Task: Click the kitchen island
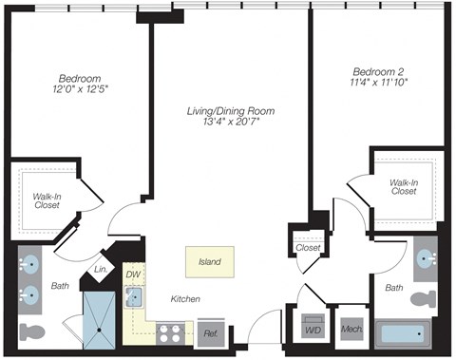[210, 260]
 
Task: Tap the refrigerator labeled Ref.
[210, 332]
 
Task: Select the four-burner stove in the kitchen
[170, 332]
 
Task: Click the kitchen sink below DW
[135, 297]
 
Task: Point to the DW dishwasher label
[133, 275]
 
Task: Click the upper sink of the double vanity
[31, 264]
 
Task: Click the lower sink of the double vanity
[31, 294]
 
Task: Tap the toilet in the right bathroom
[423, 297]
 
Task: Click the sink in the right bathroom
[424, 257]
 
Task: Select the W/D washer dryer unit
[313, 330]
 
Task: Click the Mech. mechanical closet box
[350, 331]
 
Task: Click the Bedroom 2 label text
[379, 71]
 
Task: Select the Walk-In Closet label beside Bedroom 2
[403, 186]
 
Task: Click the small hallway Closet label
[308, 247]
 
